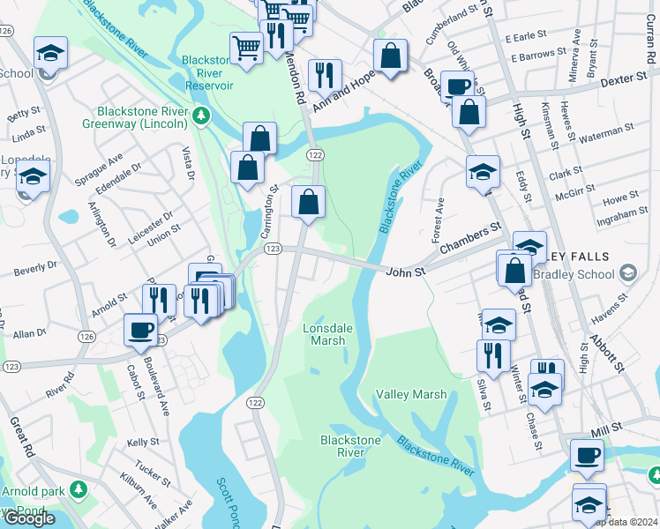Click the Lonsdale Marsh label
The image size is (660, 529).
coord(327,334)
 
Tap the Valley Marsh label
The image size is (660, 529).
coord(410,395)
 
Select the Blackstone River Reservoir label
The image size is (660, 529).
coord(208,72)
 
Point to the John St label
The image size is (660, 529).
coord(406,272)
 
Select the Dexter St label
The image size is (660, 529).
coord(624,80)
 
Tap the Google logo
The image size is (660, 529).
coord(29,518)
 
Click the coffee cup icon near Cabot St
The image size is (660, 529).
coord(140,330)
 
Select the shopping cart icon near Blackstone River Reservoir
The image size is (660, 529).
coord(246,47)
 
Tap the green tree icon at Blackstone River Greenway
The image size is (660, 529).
coord(202,115)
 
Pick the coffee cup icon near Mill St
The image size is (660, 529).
coord(586,455)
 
